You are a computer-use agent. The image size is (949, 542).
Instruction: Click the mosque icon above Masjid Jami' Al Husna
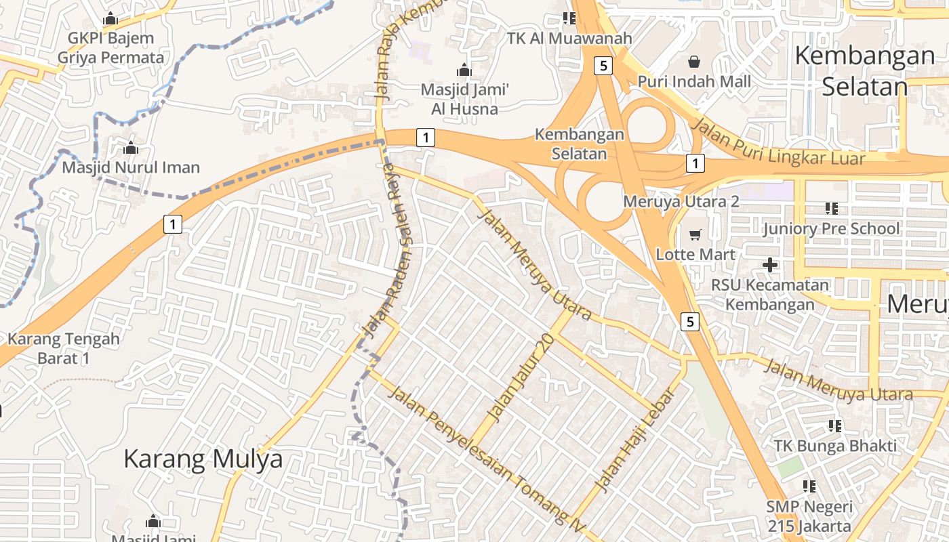[464, 70]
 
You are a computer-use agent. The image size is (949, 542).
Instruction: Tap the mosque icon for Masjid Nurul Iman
[131, 147]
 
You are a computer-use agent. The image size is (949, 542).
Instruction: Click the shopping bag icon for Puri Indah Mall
[694, 62]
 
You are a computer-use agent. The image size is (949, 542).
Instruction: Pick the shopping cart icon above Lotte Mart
[695, 235]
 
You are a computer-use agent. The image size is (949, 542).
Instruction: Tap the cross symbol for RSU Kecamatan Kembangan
[769, 264]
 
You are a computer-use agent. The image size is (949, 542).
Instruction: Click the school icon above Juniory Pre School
[832, 209]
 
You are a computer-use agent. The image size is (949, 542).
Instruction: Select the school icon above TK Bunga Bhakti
[835, 426]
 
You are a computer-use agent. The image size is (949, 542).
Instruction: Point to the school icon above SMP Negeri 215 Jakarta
[809, 486]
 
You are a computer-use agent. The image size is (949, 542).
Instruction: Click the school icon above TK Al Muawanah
[569, 18]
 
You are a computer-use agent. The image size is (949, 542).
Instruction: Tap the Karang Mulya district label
[203, 459]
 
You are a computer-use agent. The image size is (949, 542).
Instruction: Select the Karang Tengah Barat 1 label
[64, 348]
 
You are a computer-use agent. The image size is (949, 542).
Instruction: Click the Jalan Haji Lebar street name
[635, 440]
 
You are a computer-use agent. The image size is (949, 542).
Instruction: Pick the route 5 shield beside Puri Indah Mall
[603, 66]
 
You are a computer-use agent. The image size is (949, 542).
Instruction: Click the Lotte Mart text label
[695, 255]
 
